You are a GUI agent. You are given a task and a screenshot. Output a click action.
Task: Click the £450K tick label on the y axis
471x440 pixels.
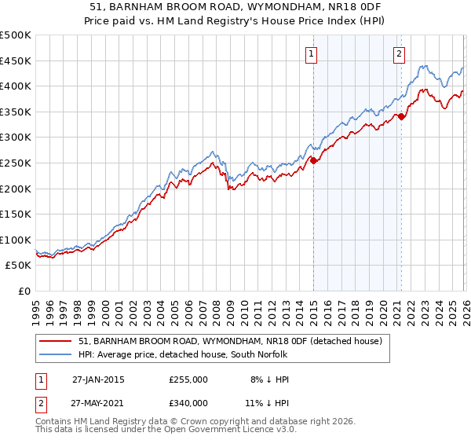pos(16,60)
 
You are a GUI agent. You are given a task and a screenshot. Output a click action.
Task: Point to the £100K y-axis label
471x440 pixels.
pos(16,240)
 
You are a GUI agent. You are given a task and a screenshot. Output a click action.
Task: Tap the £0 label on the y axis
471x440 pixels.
pos(24,291)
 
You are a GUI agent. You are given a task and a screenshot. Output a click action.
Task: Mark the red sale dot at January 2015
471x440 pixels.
pos(314,160)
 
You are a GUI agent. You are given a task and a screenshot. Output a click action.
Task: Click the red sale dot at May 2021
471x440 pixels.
pos(401,116)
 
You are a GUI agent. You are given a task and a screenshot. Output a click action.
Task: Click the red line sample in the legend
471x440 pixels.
pos(56,341)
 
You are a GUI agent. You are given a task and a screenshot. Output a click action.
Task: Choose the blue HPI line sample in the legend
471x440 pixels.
pos(56,354)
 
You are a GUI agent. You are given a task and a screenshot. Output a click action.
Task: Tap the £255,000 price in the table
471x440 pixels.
pos(188,379)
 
